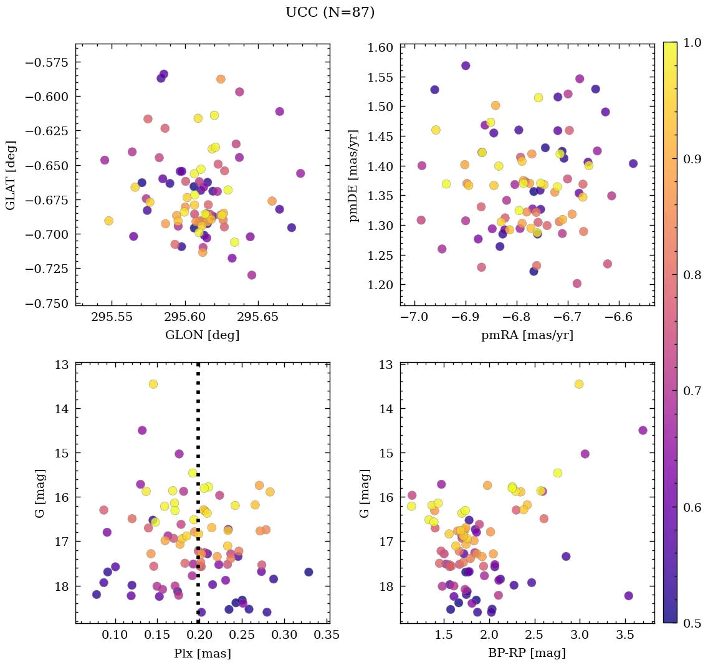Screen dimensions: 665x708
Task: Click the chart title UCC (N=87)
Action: pos(330,12)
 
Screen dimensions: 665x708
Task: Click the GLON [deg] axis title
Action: pos(202,335)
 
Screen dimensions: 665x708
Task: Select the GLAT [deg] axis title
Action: pos(11,175)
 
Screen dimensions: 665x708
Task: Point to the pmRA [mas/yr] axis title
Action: pos(527,335)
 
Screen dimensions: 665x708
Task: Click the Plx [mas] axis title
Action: pos(202,653)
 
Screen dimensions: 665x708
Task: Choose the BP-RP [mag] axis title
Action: pos(527,653)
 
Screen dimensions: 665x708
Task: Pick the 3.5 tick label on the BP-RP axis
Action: pos(625,636)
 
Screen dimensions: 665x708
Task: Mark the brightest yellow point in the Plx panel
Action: pos(153,384)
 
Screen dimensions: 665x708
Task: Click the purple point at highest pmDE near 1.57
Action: pos(466,65)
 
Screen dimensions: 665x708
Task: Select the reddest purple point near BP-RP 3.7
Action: pos(643,430)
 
